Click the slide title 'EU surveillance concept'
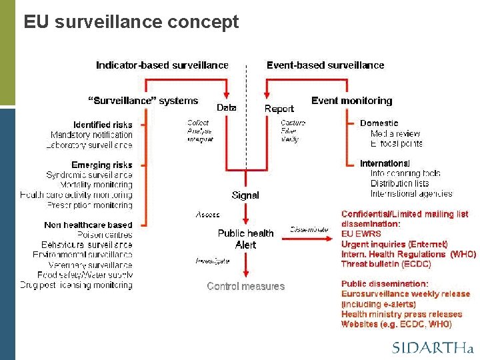point(131,22)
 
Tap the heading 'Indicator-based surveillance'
point(162,65)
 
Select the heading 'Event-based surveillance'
point(325,65)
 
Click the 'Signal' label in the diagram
point(245,195)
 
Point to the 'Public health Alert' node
point(245,239)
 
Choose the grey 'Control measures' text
point(245,287)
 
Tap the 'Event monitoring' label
point(351,101)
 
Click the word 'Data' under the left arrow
point(227,107)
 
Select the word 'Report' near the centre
point(279,109)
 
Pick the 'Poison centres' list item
point(105,235)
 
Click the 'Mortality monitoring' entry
point(96,185)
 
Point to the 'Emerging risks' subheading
point(102,165)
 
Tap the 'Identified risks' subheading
point(103,125)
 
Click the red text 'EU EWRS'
point(361,234)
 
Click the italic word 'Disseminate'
point(309,229)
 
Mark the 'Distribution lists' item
point(399,183)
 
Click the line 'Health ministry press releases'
point(401,314)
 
